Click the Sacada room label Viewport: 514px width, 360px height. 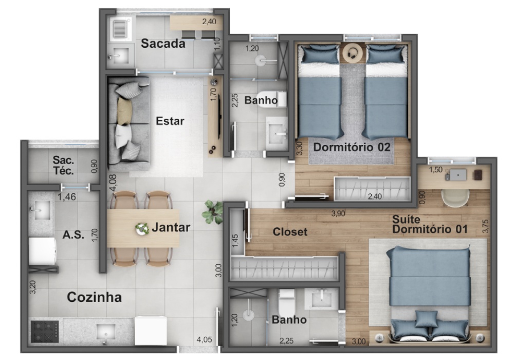pos(163,43)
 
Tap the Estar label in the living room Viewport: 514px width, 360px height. pos(170,121)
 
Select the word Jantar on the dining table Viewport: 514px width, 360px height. pos(171,227)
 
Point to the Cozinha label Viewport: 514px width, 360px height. pos(95,297)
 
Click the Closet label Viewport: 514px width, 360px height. pos(290,232)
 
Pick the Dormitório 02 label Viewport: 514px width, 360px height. pos(352,147)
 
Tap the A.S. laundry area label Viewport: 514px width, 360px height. pos(73,235)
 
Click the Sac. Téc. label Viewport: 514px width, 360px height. pos(63,165)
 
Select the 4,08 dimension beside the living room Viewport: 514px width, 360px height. pos(113,183)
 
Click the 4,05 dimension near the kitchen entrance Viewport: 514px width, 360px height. pos(204,339)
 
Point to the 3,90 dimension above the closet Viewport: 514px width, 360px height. pos(338,213)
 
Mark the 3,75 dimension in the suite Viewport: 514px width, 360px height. pos(486,226)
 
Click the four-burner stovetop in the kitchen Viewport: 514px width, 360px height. pos(45,331)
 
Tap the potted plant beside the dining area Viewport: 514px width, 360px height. pos(212,212)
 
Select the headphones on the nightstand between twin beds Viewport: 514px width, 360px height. pos(353,53)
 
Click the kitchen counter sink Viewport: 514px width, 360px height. pos(106,332)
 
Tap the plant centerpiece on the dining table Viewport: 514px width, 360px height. pos(142,228)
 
